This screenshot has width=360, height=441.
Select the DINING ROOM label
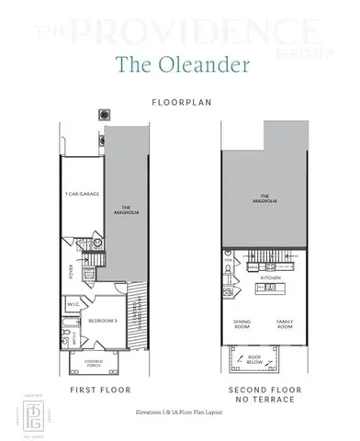coord(242,324)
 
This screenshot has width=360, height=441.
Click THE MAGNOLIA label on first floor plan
coord(118,208)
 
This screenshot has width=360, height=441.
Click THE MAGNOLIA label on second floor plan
coord(265,198)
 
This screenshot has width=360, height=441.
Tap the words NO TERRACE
coord(264,401)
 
